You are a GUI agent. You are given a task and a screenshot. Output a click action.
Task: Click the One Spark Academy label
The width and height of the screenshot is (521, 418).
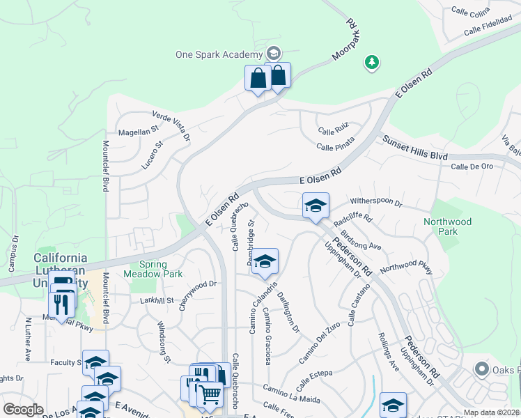(x=219, y=54)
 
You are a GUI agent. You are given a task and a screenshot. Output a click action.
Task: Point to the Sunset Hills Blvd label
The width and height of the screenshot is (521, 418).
(x=414, y=148)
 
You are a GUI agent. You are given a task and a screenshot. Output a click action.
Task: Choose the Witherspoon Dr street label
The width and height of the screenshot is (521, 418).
(x=376, y=201)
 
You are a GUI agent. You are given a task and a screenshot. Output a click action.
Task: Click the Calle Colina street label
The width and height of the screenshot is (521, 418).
(x=470, y=10)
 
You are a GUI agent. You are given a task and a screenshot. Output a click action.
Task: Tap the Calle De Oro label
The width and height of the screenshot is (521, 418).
(x=472, y=167)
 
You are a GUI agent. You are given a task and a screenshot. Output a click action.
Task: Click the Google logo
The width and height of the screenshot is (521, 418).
(x=23, y=409)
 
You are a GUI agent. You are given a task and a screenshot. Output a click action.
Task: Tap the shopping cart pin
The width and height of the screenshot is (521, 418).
(x=209, y=395)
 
